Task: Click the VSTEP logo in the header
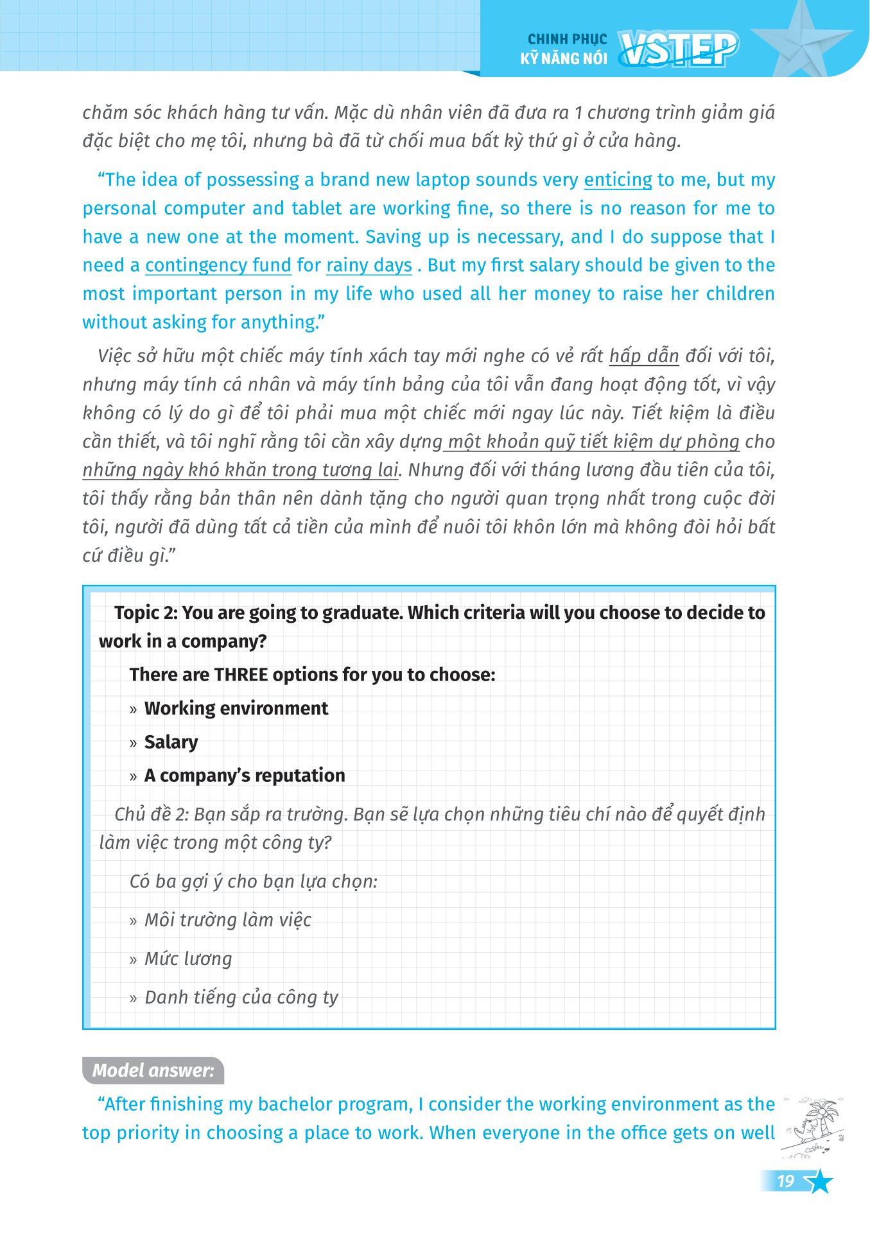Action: (x=678, y=50)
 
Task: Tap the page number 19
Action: (x=785, y=1181)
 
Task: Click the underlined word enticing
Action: (x=618, y=180)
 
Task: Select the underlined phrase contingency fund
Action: (x=218, y=265)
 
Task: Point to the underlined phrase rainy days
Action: (x=369, y=265)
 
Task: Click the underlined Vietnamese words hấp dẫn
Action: (x=643, y=356)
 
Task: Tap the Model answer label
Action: (x=153, y=1070)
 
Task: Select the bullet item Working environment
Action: (x=236, y=708)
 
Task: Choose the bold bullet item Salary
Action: (x=171, y=742)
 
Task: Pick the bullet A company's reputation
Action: (x=245, y=775)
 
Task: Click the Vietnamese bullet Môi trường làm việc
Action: (x=227, y=919)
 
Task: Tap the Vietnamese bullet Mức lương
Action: (x=188, y=959)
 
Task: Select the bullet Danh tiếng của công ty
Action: (x=241, y=997)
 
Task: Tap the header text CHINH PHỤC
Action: (x=563, y=40)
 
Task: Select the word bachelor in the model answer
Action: (x=294, y=1104)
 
